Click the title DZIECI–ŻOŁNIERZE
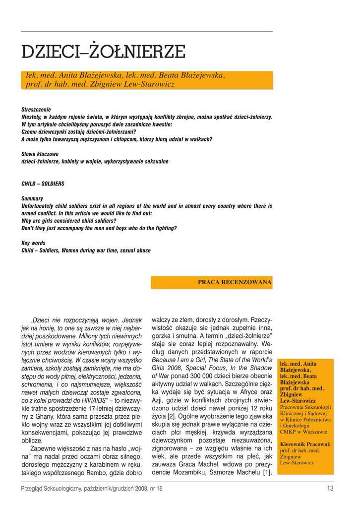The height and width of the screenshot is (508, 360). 103,51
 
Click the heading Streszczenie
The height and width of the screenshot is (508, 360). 36,109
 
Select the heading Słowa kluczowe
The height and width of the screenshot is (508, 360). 40,154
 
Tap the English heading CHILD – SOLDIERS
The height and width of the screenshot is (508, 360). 43,184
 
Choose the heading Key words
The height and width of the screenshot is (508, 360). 33,243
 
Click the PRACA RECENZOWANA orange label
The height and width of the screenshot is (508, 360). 235,282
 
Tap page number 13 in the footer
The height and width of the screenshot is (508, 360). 330,489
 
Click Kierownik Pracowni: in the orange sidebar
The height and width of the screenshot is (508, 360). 305,444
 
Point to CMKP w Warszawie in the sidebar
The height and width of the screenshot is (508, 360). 303,432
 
